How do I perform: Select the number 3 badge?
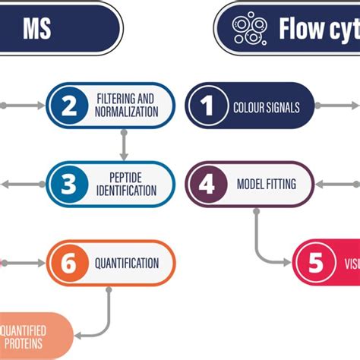69,182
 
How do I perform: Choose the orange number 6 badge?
69,264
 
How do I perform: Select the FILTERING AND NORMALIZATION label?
127,106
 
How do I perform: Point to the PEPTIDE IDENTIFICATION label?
127,182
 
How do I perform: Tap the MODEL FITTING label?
266,183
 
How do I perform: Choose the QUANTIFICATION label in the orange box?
127,264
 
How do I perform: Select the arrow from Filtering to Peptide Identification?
123,144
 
